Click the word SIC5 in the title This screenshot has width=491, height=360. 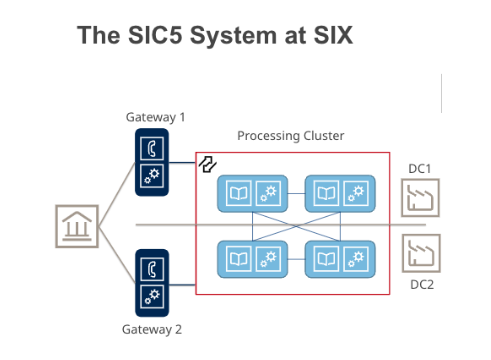coord(155,35)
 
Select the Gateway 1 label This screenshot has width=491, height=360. coord(155,117)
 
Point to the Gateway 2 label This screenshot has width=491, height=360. coord(152,330)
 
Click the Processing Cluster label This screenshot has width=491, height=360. coord(291,136)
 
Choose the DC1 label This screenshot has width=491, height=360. coord(420,169)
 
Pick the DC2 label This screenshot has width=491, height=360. coord(422,285)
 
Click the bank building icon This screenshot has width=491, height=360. coord(77,226)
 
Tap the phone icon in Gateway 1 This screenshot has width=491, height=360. coord(152,148)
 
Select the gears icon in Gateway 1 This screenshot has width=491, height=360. coord(152,176)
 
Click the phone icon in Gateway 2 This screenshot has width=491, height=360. coord(152,269)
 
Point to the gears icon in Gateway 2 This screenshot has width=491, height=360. coord(152,296)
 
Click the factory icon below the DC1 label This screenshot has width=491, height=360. coord(420,198)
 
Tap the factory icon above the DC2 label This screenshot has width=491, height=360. coord(421,253)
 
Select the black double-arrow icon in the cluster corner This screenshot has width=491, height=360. coord(208,164)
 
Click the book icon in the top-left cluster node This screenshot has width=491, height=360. coord(239,193)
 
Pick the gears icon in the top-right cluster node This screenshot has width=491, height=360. coord(356,193)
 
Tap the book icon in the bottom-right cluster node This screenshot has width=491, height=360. coord(327,259)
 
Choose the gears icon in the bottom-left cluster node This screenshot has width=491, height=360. coord(268,259)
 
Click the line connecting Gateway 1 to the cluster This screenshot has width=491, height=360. coord(182,163)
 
